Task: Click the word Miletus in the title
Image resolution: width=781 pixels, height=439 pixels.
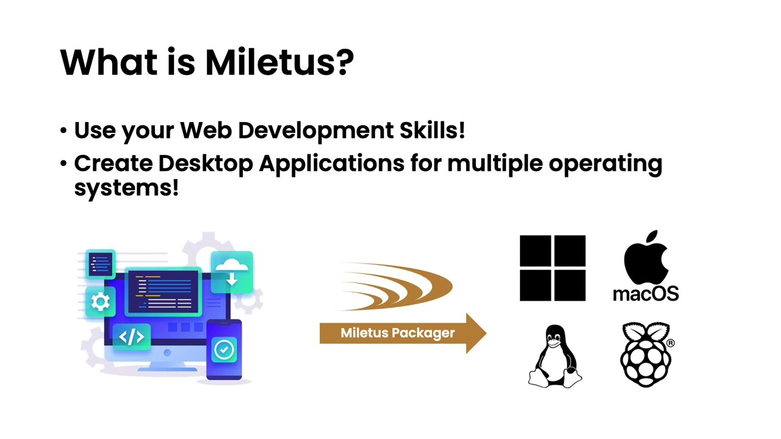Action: [271, 62]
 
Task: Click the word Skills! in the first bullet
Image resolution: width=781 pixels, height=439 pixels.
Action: [433, 130]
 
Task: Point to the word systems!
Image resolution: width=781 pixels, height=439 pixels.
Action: [126, 188]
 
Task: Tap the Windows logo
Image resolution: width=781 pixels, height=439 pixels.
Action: [552, 268]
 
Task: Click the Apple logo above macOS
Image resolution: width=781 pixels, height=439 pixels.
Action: [646, 257]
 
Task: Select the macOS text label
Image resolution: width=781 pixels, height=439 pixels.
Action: [646, 293]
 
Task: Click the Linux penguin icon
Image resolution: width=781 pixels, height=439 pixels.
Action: [555, 356]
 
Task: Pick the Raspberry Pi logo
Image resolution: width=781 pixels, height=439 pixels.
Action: [646, 355]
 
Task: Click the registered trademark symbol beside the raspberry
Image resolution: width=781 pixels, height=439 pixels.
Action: [671, 343]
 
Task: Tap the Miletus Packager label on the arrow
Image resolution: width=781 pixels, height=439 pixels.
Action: [397, 333]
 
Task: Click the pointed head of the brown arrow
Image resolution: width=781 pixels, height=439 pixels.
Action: [477, 334]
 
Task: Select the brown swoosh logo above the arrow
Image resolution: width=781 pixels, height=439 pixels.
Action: [396, 287]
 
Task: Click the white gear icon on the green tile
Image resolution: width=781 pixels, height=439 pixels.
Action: [101, 302]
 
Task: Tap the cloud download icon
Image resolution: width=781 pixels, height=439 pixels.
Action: [232, 272]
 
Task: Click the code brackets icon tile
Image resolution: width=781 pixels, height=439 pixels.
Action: [131, 337]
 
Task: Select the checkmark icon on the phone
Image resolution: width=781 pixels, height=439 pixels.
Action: [224, 349]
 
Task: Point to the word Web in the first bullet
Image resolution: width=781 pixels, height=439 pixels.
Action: [206, 130]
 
